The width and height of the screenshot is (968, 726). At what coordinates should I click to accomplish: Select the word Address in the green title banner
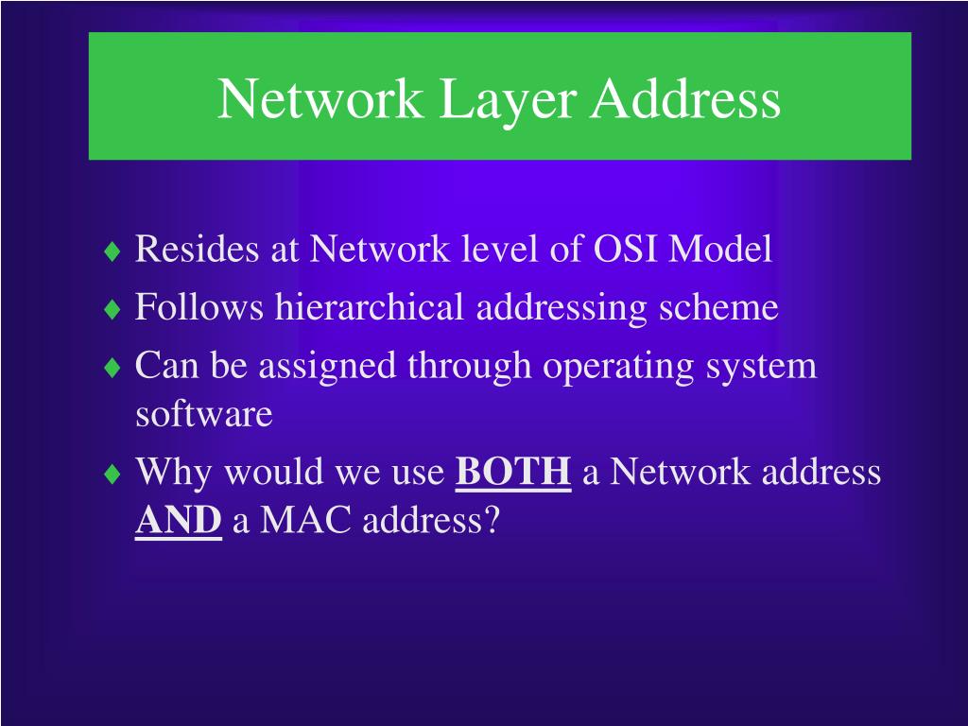[686, 99]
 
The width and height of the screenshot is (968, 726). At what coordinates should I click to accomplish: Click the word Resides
[197, 250]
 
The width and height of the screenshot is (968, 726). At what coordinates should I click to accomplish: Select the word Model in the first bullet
[720, 250]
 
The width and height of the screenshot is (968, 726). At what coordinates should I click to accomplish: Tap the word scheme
[724, 307]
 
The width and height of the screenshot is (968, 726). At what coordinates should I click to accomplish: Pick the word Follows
[200, 307]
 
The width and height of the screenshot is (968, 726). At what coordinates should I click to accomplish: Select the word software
[204, 413]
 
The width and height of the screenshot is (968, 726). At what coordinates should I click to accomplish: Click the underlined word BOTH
[513, 472]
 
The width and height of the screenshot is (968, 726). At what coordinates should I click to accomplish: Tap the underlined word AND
[179, 520]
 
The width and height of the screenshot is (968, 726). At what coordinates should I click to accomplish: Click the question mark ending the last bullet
[490, 520]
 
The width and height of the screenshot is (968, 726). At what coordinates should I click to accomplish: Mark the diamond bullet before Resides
[113, 252]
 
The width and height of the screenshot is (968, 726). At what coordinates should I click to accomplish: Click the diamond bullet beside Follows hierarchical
[113, 310]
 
